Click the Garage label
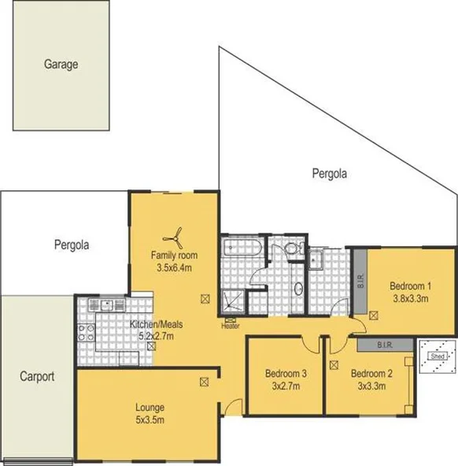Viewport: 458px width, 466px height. [x=61, y=65]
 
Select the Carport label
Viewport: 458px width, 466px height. [x=37, y=376]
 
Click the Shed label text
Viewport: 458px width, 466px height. [x=434, y=354]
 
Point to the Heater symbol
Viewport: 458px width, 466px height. [x=230, y=322]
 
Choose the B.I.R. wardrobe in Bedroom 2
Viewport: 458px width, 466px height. [x=384, y=345]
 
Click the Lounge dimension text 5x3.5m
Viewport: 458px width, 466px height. [x=149, y=419]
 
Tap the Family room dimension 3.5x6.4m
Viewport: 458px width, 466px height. [x=175, y=268]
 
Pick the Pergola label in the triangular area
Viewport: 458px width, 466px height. [x=329, y=173]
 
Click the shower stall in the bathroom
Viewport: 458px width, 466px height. [x=233, y=299]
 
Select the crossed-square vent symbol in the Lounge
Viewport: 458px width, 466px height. [x=204, y=382]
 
